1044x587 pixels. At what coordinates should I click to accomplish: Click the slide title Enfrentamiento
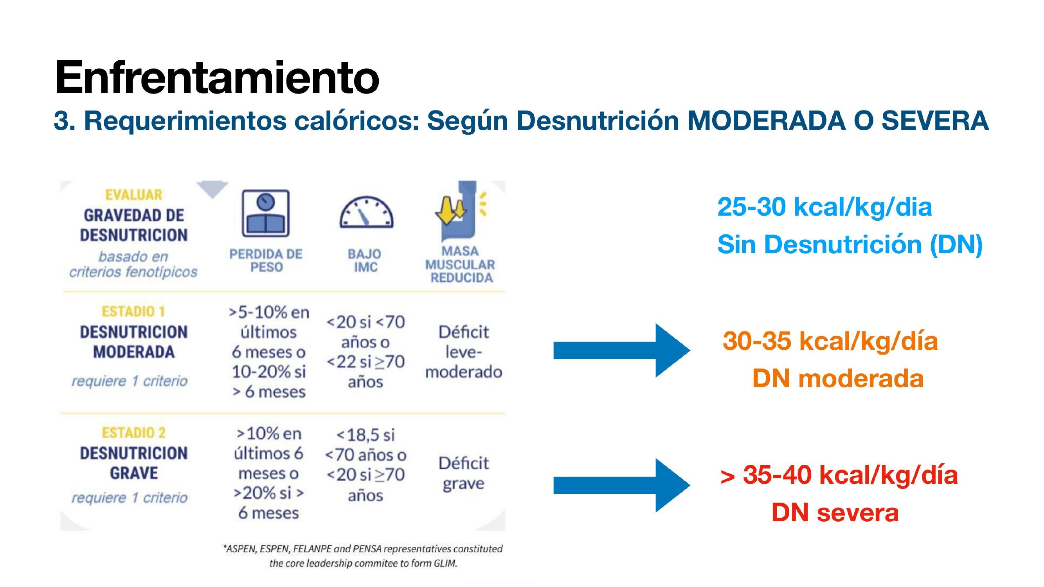click(217, 77)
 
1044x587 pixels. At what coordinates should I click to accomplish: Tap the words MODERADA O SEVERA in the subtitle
click(838, 121)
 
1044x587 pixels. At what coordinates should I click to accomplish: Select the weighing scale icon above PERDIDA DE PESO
click(265, 213)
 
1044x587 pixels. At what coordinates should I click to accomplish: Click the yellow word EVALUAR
click(133, 195)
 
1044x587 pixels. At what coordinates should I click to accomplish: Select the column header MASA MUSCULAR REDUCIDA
click(460, 264)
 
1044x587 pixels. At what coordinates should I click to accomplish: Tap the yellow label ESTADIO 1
click(133, 312)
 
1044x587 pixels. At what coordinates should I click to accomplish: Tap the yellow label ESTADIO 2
click(133, 433)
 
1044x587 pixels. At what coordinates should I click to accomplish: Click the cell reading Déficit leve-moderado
click(464, 352)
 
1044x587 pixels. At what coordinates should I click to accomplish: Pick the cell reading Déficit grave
click(464, 473)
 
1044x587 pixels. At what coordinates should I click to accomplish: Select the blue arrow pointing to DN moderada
click(622, 350)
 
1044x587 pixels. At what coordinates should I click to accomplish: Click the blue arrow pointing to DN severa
click(622, 485)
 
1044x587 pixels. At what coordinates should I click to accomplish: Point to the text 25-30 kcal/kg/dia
click(825, 207)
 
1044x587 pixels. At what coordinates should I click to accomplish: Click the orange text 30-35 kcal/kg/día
click(830, 341)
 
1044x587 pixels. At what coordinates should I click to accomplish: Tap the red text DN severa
click(835, 512)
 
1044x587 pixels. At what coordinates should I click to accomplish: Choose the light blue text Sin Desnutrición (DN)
click(850, 245)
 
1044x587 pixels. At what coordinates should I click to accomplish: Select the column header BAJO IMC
click(365, 260)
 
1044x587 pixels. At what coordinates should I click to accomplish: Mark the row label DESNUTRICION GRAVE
click(134, 463)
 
